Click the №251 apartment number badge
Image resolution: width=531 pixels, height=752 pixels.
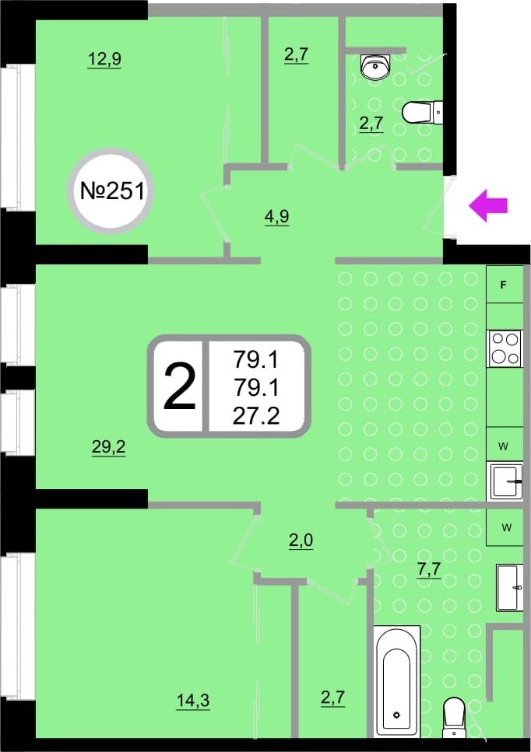(x=112, y=191)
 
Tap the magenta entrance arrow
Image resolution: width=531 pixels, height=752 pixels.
(x=488, y=205)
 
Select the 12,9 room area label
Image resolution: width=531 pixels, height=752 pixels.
(x=104, y=59)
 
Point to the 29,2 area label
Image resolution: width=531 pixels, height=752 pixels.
(x=108, y=447)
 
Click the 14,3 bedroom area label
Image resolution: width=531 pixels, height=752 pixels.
(x=193, y=701)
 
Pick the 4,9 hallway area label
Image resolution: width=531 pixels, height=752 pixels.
(x=277, y=217)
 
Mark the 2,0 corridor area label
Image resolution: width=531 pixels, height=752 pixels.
(x=301, y=541)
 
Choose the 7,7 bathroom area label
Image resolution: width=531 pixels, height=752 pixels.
(x=429, y=570)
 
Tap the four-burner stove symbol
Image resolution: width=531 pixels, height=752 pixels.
(x=505, y=348)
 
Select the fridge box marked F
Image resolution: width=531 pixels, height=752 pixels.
(x=504, y=285)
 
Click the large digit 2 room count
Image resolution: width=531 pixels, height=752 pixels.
(x=180, y=386)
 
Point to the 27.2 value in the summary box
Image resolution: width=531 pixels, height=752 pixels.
(x=256, y=416)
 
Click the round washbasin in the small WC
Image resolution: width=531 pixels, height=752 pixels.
(x=376, y=66)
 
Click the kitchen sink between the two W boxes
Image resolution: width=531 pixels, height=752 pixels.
(x=505, y=481)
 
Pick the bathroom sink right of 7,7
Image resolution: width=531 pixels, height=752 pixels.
(x=510, y=587)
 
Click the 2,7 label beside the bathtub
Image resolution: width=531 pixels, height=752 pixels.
(x=332, y=698)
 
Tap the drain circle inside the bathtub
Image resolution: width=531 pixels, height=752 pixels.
(x=396, y=715)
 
